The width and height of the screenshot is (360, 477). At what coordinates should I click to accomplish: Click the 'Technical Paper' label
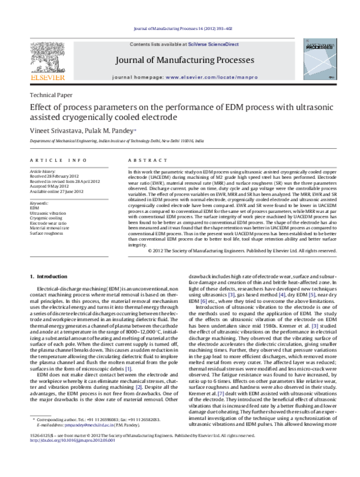click(x=51, y=95)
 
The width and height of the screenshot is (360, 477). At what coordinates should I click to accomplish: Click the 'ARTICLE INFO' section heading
click(x=57, y=160)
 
